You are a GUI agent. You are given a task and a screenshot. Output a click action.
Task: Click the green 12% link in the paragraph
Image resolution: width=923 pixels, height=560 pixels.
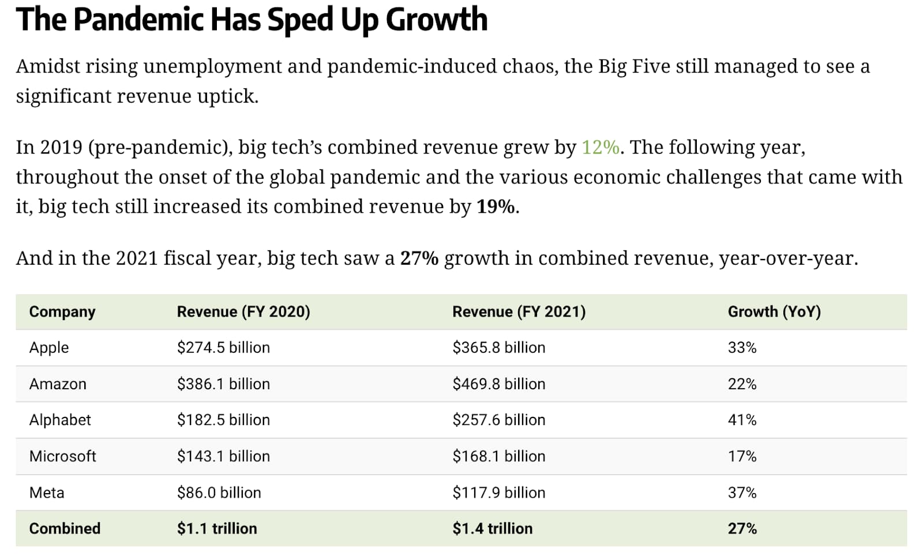[600, 148]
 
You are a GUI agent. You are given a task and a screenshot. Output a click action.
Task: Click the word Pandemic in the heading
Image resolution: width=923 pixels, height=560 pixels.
[138, 20]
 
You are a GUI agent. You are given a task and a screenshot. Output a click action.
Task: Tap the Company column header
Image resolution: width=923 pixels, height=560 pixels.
[62, 312]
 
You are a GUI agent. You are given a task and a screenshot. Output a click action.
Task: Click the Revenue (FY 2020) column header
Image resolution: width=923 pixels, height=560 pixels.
[243, 312]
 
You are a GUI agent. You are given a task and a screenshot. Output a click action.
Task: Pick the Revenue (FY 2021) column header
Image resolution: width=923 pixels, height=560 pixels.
[519, 312]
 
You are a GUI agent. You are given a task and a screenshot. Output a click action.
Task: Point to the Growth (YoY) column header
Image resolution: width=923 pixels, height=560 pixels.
[774, 312]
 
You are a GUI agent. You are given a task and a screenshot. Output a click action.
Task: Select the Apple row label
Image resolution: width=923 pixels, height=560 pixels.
[49, 348]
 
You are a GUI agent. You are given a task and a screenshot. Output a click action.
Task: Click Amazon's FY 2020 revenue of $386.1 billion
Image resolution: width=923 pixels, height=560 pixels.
[223, 384]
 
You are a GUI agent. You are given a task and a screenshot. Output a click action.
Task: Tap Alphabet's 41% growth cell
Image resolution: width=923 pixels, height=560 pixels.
[742, 420]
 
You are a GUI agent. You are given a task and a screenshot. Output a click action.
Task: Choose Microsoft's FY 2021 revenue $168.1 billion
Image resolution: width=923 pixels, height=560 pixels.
[498, 456]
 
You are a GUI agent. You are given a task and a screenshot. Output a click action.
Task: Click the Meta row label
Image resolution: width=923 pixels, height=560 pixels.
[47, 493]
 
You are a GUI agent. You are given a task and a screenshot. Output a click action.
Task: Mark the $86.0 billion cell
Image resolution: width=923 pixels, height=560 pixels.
[219, 493]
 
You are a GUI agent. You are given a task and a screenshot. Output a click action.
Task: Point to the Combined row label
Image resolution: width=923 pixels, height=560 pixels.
[65, 528]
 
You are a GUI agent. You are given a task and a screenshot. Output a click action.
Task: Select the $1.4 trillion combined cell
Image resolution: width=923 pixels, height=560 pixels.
[492, 528]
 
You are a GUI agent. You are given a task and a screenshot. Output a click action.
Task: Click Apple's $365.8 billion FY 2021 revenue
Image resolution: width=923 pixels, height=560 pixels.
[498, 348]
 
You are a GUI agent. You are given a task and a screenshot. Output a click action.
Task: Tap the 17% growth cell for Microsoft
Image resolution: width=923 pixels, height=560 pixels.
[742, 456]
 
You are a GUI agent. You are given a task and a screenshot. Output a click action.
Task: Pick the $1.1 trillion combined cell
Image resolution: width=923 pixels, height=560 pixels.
[217, 528]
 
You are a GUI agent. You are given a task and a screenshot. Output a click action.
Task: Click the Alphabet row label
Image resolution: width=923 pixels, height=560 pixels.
[60, 420]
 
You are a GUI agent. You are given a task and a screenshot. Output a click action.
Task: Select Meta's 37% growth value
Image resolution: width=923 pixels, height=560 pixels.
[742, 493]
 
